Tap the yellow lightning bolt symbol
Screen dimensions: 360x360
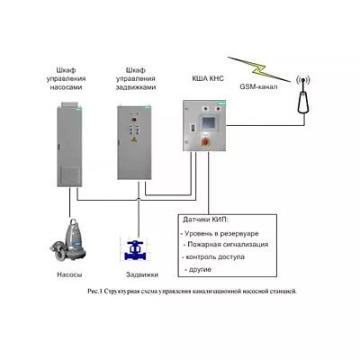point(258,69)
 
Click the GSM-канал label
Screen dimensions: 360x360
point(258,86)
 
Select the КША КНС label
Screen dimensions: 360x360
point(208,78)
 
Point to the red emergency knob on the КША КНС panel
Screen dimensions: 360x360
point(206,141)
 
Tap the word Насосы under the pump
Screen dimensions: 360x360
point(69,274)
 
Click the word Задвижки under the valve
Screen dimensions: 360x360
point(142,274)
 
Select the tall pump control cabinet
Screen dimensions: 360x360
point(69,145)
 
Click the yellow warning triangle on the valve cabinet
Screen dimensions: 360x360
point(134,139)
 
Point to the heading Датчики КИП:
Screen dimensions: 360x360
point(206,220)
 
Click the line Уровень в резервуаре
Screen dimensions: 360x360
point(220,233)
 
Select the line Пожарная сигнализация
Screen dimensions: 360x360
point(226,245)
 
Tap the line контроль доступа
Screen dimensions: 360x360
point(213,257)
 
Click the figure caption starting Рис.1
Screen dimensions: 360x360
point(193,291)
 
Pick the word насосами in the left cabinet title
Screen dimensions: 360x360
point(66,87)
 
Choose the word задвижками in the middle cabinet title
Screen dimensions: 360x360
point(136,87)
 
